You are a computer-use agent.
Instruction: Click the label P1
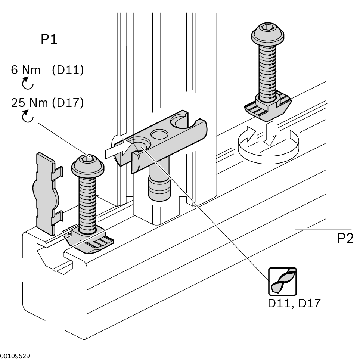[49, 39]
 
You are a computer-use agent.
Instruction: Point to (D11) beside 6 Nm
[68, 70]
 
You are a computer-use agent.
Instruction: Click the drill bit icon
[283, 281]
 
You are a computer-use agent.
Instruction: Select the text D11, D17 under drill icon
[294, 303]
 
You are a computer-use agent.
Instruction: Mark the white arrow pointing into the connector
[119, 149]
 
